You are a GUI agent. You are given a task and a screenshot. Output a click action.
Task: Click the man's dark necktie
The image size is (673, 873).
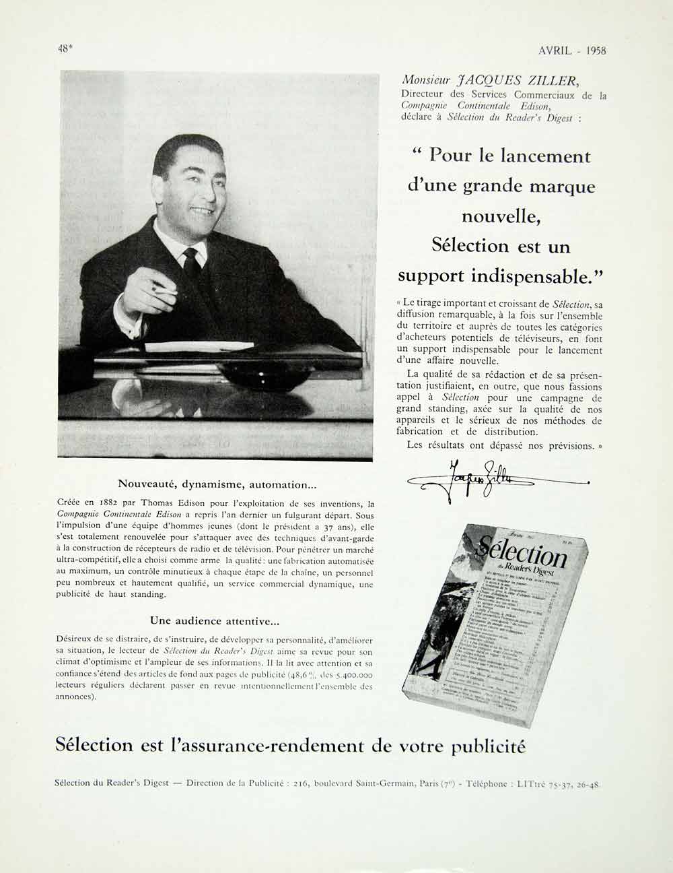tap(192, 262)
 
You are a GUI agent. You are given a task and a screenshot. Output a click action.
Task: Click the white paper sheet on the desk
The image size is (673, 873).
tap(199, 347)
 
